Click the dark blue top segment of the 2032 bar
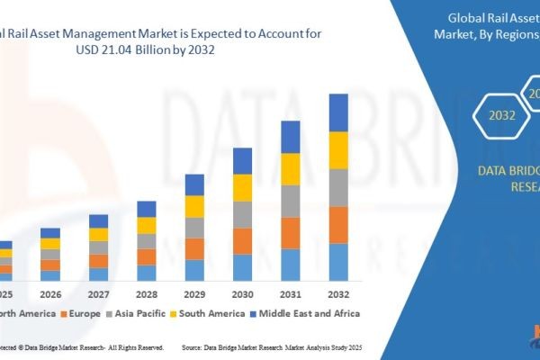338,112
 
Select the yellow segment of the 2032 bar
338,149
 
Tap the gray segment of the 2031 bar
290,201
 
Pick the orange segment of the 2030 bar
242,240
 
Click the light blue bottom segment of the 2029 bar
194,270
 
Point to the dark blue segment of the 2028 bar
147,209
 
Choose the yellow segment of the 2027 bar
98,234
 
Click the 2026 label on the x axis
50,294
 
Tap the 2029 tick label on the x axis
194,294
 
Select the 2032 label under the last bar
338,294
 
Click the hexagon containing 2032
503,114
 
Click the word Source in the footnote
195,346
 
